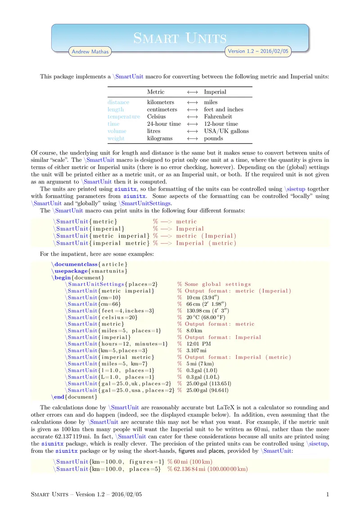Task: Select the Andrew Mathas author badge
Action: tap(90, 52)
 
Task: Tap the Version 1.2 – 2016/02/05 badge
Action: tap(258, 51)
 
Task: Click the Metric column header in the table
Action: tap(156, 92)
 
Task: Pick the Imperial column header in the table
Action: tap(215, 92)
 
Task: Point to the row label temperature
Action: tap(124, 116)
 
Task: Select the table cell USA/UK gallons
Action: tap(226, 131)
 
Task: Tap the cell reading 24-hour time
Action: tap(164, 124)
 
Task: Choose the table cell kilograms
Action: tap(160, 138)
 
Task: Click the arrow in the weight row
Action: tap(192, 138)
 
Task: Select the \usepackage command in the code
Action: tap(68, 270)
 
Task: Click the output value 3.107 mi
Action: tap(197, 350)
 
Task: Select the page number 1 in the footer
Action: tap(328, 495)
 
